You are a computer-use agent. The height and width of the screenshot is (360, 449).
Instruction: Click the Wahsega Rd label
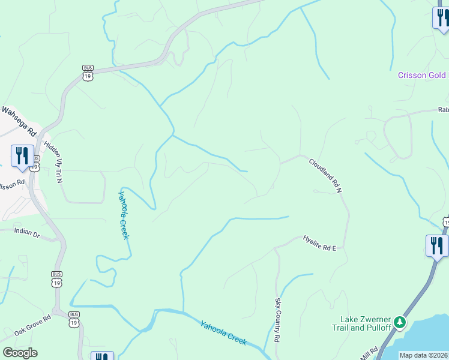(x=19, y=121)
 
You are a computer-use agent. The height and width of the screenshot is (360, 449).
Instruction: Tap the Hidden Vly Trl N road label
(x=53, y=163)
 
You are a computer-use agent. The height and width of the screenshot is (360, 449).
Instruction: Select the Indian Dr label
(x=26, y=232)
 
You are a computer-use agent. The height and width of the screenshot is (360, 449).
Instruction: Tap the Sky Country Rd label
(x=278, y=320)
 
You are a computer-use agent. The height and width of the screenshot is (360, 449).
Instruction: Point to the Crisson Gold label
(x=423, y=75)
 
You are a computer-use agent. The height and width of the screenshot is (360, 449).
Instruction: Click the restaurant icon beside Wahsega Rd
(x=22, y=155)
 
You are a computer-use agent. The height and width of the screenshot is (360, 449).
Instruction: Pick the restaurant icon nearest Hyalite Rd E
(x=436, y=245)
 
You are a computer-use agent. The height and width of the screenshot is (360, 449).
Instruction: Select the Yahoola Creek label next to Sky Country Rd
(x=223, y=332)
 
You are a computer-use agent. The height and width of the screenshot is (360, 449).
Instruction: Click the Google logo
(x=20, y=353)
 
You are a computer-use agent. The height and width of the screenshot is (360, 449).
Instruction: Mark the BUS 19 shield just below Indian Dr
(x=56, y=279)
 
